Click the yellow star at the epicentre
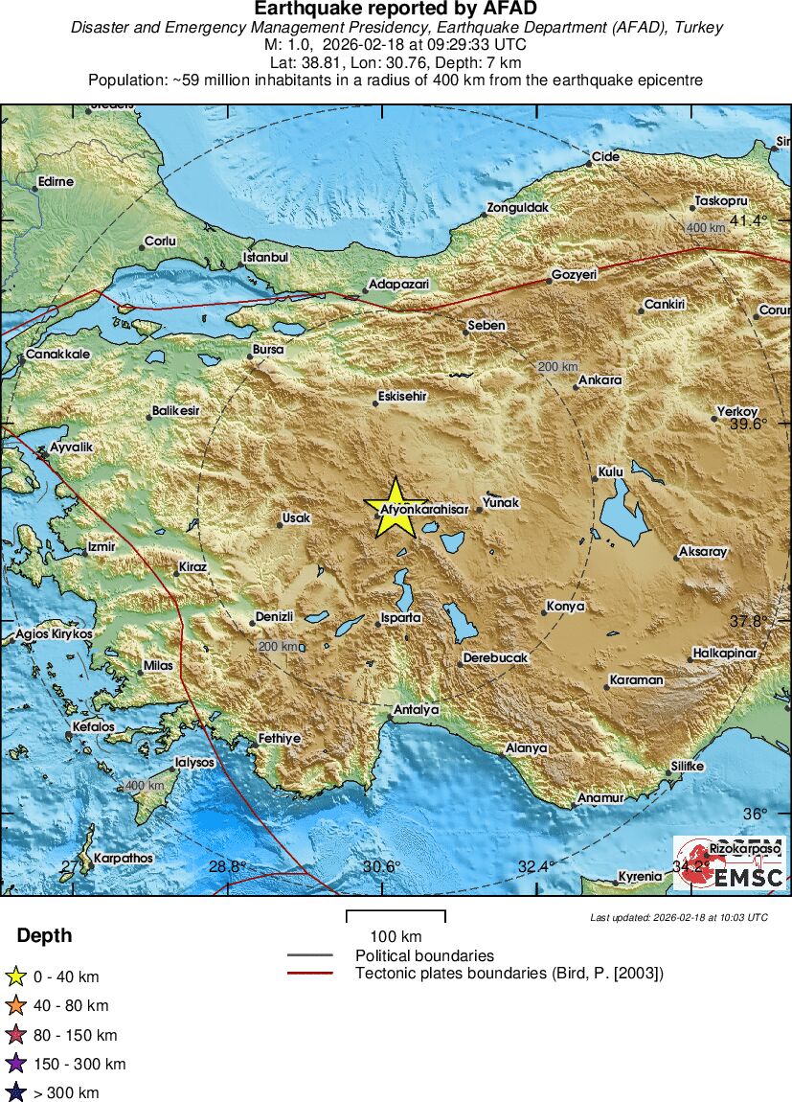tap(396, 507)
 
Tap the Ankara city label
tap(601, 380)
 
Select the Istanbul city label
tap(266, 258)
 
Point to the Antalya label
tap(417, 710)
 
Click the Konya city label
tap(565, 607)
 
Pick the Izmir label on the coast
tap(101, 547)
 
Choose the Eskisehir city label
tap(402, 396)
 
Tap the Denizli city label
tap(274, 617)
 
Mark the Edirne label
tap(56, 182)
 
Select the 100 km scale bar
tap(396, 916)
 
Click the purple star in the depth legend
tap(15, 1064)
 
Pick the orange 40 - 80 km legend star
tap(15, 1006)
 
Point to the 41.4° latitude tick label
tap(749, 221)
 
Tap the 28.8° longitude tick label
tap(227, 866)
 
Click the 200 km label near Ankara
tap(557, 367)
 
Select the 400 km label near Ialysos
tap(145, 786)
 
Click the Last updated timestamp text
tap(678, 918)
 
